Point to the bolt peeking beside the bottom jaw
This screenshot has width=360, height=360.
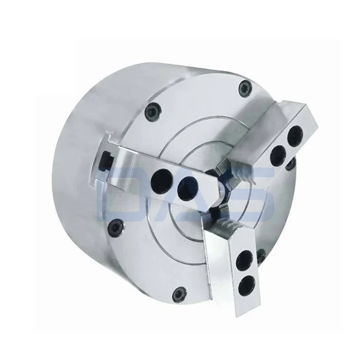coord(261,255)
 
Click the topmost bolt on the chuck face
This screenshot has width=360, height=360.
coord(245,88)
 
